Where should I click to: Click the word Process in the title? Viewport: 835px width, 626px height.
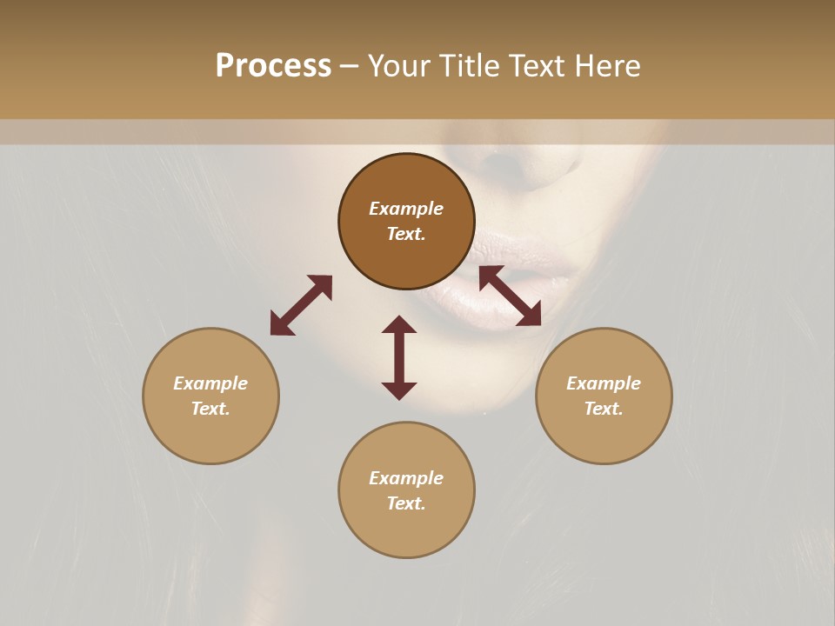pyautogui.click(x=273, y=65)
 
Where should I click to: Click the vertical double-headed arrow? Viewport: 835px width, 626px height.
pyautogui.click(x=399, y=357)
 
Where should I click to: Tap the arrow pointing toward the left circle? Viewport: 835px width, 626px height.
pyautogui.click(x=301, y=305)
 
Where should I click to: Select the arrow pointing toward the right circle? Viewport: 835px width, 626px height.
pyautogui.click(x=510, y=296)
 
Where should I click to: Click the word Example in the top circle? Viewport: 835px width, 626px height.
pyautogui.click(x=406, y=209)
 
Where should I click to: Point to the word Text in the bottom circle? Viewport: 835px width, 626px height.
pyautogui.click(x=406, y=503)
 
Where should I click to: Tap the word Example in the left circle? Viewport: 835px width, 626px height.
pyautogui.click(x=210, y=383)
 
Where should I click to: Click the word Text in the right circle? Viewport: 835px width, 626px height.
pyautogui.click(x=604, y=409)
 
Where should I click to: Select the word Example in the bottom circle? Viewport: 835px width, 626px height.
pyautogui.click(x=406, y=478)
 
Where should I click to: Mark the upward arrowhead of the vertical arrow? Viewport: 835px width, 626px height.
pyautogui.click(x=399, y=324)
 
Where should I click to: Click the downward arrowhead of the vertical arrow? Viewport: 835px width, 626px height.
pyautogui.click(x=399, y=390)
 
